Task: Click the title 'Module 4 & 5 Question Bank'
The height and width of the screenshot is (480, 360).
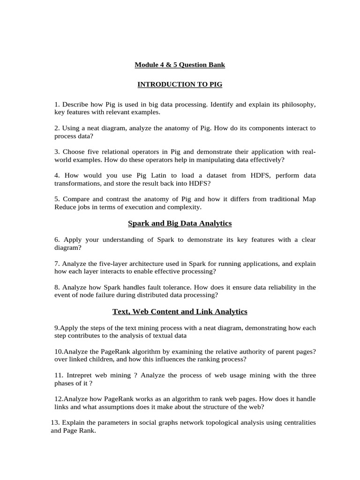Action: (180, 65)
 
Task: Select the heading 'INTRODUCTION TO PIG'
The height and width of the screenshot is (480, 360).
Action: (180, 84)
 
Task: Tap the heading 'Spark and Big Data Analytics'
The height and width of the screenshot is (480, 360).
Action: (180, 224)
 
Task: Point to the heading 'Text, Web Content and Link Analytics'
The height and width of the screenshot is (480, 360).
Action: (180, 311)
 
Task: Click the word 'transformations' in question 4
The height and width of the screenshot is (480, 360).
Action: (78, 183)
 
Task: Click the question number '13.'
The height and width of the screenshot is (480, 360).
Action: (55, 422)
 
